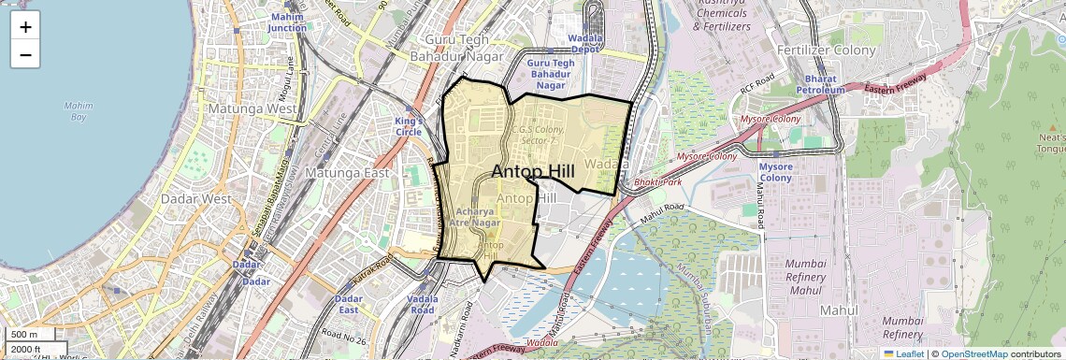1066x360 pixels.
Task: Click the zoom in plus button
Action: pyautogui.click(x=25, y=27)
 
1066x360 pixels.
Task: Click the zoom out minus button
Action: pyautogui.click(x=25, y=54)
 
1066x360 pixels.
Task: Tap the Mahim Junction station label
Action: pyautogui.click(x=287, y=22)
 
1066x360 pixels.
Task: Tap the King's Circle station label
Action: pyautogui.click(x=409, y=126)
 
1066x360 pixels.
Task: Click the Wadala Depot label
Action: pyautogui.click(x=583, y=44)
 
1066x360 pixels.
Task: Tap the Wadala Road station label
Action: pyautogui.click(x=422, y=304)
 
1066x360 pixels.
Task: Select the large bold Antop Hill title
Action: pyautogui.click(x=533, y=171)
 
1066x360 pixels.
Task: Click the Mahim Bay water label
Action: pyautogui.click(x=79, y=111)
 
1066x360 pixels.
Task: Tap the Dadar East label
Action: pyautogui.click(x=348, y=304)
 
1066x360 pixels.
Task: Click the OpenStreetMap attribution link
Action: pyautogui.click(x=973, y=353)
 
